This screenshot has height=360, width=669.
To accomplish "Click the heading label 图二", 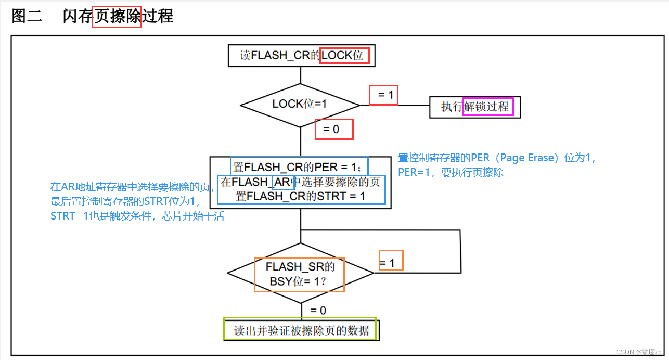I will tap(27, 16).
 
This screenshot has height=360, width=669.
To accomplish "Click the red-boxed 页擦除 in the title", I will tap(117, 17).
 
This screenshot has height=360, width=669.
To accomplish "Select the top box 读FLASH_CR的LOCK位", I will tap(301, 55).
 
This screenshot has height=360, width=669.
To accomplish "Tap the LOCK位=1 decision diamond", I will tap(300, 104).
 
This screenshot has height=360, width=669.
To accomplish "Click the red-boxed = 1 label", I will tap(384, 95).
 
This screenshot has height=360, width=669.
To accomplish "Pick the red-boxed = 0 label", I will tap(334, 129).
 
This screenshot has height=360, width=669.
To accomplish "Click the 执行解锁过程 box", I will tap(474, 107).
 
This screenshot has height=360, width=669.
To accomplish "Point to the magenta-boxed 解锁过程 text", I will tap(488, 107).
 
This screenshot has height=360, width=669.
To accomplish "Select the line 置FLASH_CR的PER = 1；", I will tap(299, 167).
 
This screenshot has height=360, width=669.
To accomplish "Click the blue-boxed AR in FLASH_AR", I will tap(283, 182).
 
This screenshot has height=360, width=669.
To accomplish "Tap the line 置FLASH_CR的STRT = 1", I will tap(300, 196).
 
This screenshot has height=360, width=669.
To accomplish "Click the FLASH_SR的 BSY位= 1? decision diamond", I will tap(300, 274).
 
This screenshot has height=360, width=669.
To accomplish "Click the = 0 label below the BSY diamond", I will tap(318, 311).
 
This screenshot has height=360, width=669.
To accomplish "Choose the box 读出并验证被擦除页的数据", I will tap(301, 330).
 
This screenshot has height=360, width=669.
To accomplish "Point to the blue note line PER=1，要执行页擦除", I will tap(451, 173).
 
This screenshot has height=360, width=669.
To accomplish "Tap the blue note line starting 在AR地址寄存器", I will tap(132, 187).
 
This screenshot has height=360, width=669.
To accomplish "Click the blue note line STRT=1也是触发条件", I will tap(137, 216).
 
